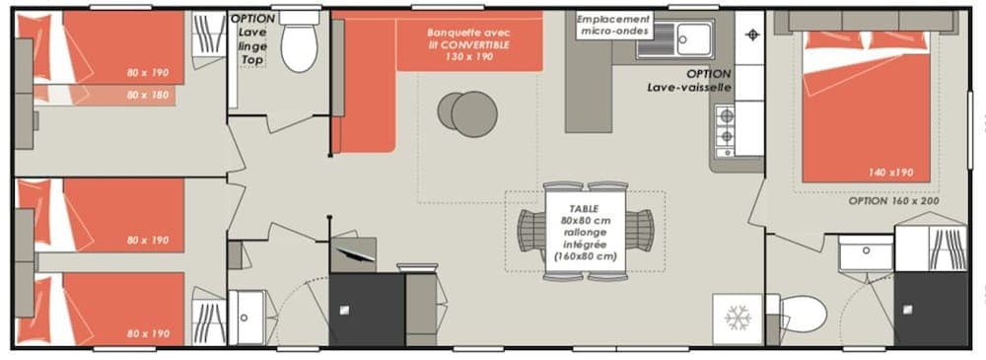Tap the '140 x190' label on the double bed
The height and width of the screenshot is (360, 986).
(890, 172)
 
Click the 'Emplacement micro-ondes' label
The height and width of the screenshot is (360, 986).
(613, 26)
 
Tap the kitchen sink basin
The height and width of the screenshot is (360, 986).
(694, 38)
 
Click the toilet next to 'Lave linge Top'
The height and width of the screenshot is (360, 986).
(299, 45)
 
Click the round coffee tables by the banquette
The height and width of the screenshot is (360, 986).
(465, 110)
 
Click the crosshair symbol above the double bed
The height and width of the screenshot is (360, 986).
(754, 35)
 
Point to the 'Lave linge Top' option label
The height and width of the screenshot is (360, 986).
(252, 39)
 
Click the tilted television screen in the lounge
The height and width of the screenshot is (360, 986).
(354, 253)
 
